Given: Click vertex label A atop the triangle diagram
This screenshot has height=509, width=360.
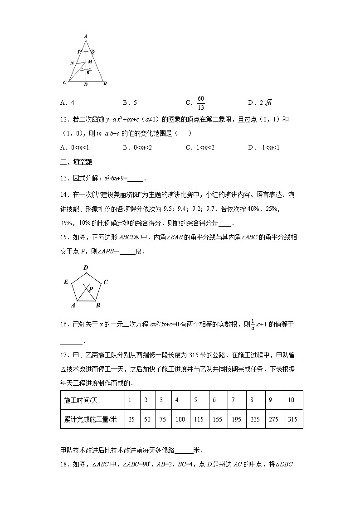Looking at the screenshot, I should click(x=86, y=36).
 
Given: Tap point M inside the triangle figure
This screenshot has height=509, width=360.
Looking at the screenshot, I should click(x=90, y=62).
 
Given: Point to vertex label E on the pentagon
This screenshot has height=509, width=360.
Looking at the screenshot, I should click(x=66, y=282).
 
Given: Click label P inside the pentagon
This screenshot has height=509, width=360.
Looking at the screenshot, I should click(x=91, y=288).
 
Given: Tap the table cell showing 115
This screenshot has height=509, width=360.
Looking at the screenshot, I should click(x=199, y=419).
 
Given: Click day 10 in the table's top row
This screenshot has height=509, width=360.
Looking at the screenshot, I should click(x=291, y=400).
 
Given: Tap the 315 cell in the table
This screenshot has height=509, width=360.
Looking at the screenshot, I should click(x=292, y=419).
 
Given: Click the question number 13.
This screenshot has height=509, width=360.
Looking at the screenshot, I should click(x=64, y=177).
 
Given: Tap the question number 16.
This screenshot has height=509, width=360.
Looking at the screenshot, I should click(x=64, y=324).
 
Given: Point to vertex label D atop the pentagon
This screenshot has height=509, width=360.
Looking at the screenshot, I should click(x=86, y=268).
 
